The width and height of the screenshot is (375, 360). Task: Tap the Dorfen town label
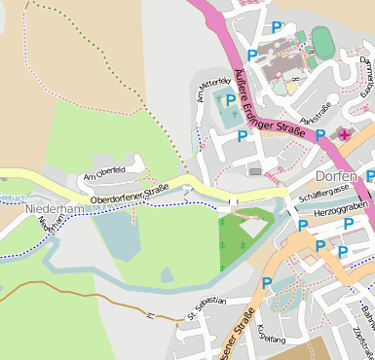[337, 177]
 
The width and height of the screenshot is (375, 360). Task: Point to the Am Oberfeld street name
[105, 172]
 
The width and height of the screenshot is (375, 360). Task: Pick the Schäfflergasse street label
[312, 198]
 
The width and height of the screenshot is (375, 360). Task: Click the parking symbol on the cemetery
[231, 100]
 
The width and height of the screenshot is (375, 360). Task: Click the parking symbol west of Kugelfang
[267, 284]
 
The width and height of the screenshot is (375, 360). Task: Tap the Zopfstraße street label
[365, 341]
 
